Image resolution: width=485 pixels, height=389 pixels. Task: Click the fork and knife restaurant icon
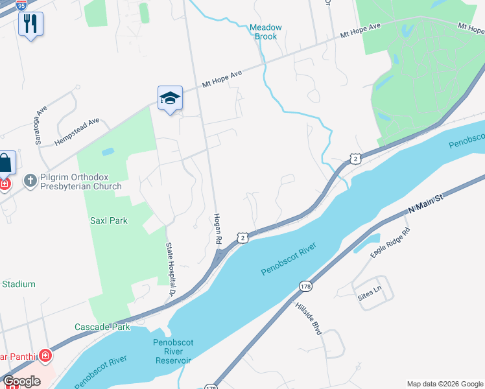click(30, 24)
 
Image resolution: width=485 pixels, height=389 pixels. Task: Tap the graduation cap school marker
click(170, 98)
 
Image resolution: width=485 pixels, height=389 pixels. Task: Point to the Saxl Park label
click(108, 220)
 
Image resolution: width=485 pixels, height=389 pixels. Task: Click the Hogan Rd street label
click(219, 228)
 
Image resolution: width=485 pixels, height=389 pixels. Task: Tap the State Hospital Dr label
click(172, 269)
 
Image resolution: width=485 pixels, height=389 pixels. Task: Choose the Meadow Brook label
click(266, 32)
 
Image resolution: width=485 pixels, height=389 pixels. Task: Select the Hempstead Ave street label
click(77, 130)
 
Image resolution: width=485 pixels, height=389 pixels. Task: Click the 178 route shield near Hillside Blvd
click(305, 286)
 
